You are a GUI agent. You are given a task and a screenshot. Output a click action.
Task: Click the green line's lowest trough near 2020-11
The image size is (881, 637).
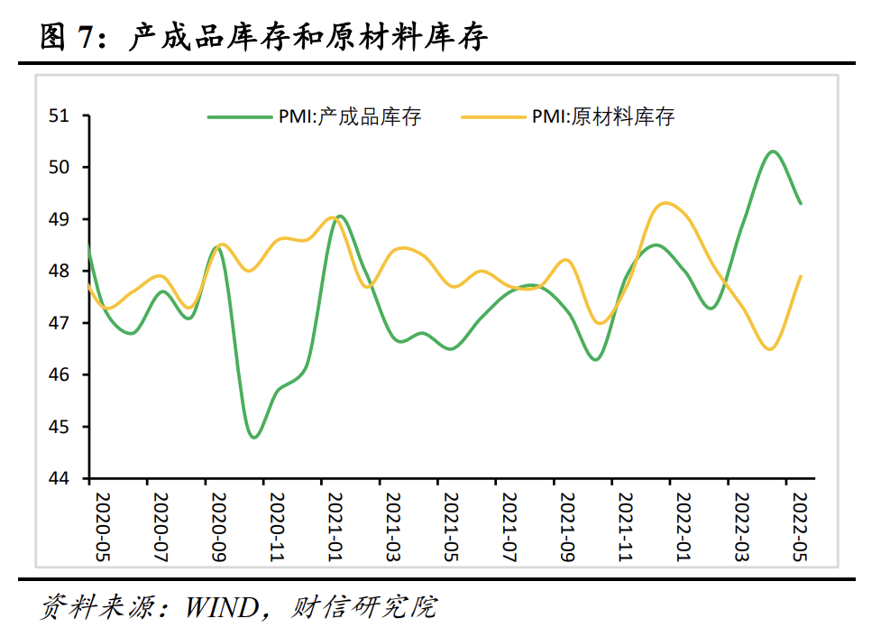(x=254, y=438)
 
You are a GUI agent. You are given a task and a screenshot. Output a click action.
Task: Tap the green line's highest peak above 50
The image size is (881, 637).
(x=773, y=151)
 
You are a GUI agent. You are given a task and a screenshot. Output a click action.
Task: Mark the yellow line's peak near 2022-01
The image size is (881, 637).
(x=665, y=203)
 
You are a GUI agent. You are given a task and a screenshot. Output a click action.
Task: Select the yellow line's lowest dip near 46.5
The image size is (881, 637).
(x=769, y=349)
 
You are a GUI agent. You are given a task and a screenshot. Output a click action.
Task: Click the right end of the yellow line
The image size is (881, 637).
(x=801, y=276)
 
